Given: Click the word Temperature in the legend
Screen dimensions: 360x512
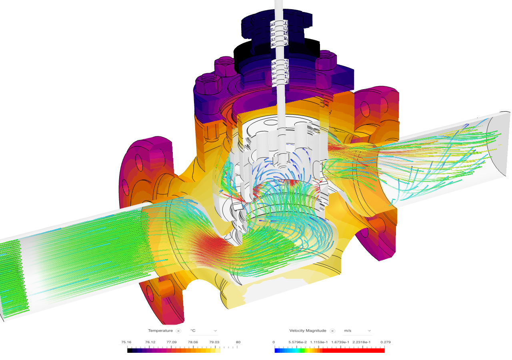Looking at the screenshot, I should pos(160,331).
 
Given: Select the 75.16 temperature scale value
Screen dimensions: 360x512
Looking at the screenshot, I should pos(126,342).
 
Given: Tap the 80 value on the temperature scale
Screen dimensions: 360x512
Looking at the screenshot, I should pos(238,342).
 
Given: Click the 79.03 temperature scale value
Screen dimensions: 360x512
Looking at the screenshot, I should pos(215,342).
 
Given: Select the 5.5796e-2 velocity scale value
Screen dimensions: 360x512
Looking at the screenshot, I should pos(296,342).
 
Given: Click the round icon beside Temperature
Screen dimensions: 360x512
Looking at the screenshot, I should pos(178,331).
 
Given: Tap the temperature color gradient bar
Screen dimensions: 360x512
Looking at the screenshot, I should pos(185,350).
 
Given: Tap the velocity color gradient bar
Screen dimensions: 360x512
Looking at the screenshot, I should pos(330,350).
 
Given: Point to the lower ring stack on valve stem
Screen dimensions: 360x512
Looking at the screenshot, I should pos(280,72).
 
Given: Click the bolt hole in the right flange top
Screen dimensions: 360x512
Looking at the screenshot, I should pos(365,108).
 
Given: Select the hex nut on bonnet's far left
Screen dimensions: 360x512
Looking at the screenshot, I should pos(208,86).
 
